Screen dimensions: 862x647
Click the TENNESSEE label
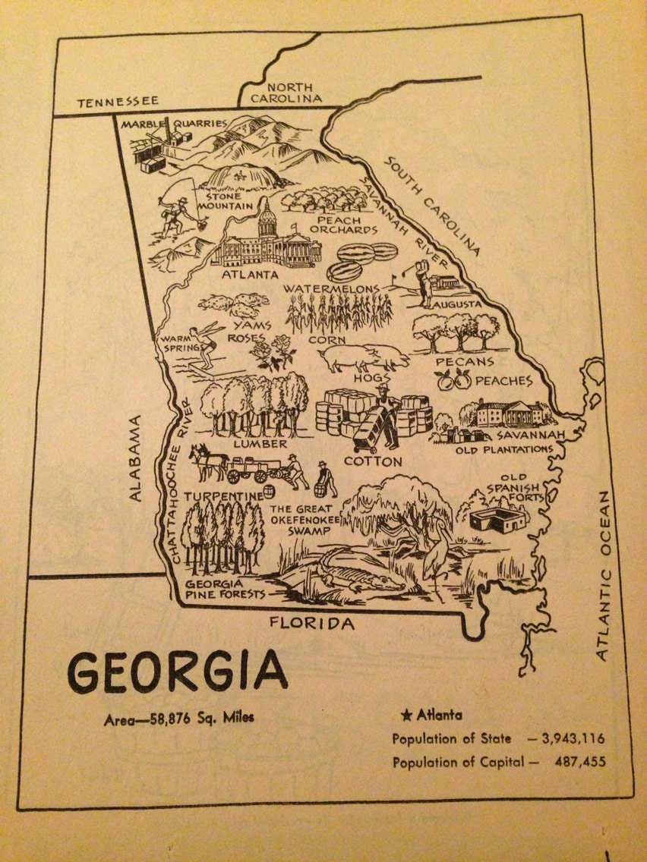pyautogui.click(x=117, y=100)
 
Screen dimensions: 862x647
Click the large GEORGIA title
pyautogui.click(x=178, y=671)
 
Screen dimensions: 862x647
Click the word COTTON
pyautogui.click(x=373, y=460)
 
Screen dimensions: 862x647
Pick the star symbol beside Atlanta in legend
pyautogui.click(x=406, y=714)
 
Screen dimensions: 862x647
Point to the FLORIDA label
pyautogui.click(x=312, y=624)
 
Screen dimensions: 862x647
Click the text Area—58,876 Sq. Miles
pyautogui.click(x=179, y=719)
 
